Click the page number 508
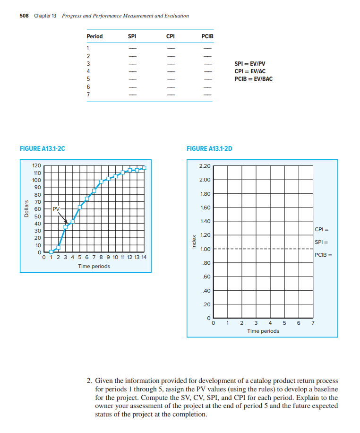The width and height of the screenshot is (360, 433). coord(24,16)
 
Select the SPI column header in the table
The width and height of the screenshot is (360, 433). coord(133,36)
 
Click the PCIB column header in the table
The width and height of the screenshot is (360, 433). coord(207,36)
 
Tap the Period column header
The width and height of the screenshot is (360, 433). coord(94,36)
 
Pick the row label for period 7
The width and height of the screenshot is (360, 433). coord(88,94)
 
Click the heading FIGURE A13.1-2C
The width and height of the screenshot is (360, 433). coord(43,149)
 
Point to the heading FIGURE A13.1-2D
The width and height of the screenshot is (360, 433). coord(210,149)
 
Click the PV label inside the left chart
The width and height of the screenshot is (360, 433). coord(56,208)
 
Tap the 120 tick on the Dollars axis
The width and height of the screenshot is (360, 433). coord(36,165)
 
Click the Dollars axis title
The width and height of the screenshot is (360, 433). coord(26,208)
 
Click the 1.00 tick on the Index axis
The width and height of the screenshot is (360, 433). coord(205,250)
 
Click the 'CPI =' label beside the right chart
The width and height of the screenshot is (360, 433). coord(321,230)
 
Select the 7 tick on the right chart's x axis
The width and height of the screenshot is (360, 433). coord(312,323)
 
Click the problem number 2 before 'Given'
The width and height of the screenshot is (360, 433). coord(89,381)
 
